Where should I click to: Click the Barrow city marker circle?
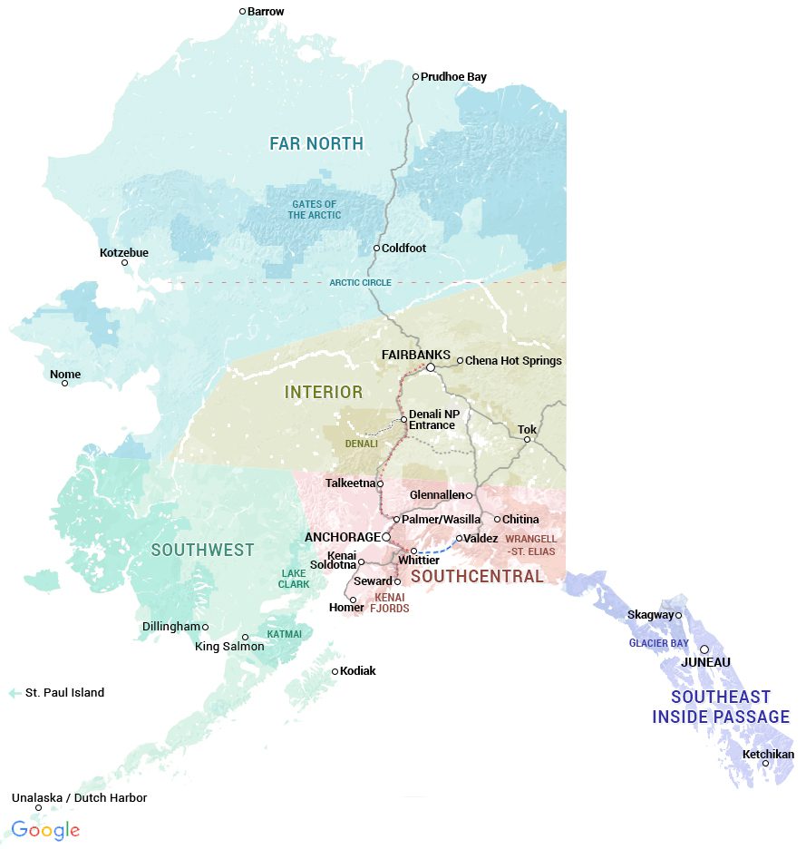[x=243, y=12]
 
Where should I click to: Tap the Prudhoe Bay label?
[x=453, y=77]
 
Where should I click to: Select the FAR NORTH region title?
[x=316, y=143]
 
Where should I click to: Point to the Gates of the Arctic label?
[x=315, y=210]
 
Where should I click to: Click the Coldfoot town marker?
[x=377, y=248]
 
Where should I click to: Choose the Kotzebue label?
[x=124, y=252]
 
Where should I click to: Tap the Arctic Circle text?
[x=360, y=283]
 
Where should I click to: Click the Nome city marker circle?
[x=65, y=383]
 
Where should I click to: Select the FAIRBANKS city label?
[x=416, y=354]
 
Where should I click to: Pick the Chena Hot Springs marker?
[x=460, y=361]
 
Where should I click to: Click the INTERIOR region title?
[x=324, y=393]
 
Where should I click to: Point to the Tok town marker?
[x=527, y=440]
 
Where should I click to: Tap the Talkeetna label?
[x=349, y=483]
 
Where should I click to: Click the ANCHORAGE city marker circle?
[x=386, y=537]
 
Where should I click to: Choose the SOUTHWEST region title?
[x=202, y=551]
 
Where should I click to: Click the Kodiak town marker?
[x=335, y=671]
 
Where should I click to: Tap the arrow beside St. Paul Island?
[x=15, y=693]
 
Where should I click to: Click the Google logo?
[x=45, y=829]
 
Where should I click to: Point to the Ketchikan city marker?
[x=766, y=763]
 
